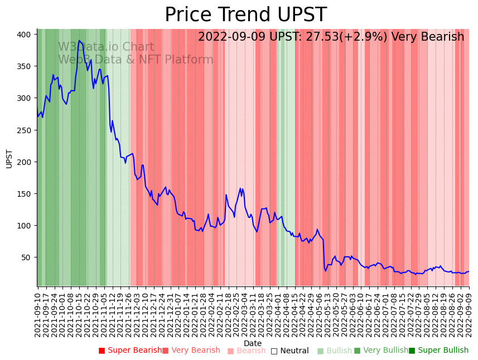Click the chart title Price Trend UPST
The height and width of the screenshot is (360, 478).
click(245, 15)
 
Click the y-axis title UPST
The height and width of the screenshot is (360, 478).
click(9, 158)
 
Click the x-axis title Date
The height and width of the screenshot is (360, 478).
click(253, 343)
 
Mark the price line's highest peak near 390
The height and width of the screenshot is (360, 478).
click(79, 41)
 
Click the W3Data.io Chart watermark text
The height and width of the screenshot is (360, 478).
click(106, 47)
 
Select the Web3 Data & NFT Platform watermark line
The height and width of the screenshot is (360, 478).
click(136, 60)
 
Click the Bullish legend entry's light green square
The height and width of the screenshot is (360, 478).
click(320, 351)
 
